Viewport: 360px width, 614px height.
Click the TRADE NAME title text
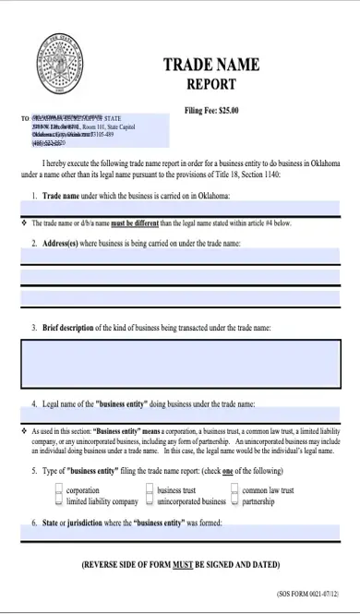[x=210, y=65]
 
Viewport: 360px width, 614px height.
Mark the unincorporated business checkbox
[x=150, y=502]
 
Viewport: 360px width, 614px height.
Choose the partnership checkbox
[x=234, y=502]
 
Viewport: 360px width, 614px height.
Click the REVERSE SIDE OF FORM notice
[x=180, y=564]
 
